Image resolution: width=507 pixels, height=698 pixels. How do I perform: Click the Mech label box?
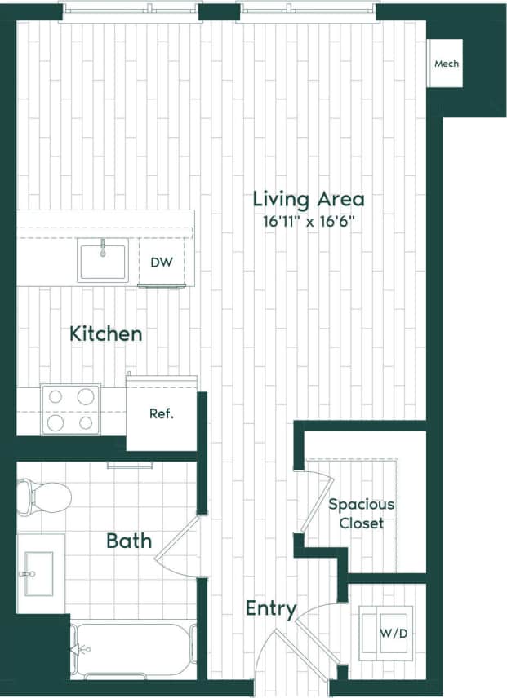(447, 64)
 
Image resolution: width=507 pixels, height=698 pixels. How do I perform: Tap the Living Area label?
(308, 199)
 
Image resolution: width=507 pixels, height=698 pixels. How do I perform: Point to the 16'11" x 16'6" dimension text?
(308, 221)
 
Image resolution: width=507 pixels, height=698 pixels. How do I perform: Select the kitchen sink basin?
(102, 260)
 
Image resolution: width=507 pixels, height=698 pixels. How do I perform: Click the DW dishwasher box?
(161, 262)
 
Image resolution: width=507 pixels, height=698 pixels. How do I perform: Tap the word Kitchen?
(106, 334)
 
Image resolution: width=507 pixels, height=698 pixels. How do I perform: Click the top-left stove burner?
(56, 396)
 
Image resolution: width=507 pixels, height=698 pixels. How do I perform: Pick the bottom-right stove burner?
(85, 423)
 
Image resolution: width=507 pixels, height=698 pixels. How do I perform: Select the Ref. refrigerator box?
(161, 413)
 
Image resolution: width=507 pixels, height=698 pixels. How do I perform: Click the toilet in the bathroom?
(44, 496)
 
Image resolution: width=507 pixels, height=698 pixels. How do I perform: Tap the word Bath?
(129, 540)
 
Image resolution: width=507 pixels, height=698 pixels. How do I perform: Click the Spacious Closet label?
(361, 514)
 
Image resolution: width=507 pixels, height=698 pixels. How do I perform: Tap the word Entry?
(270, 608)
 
